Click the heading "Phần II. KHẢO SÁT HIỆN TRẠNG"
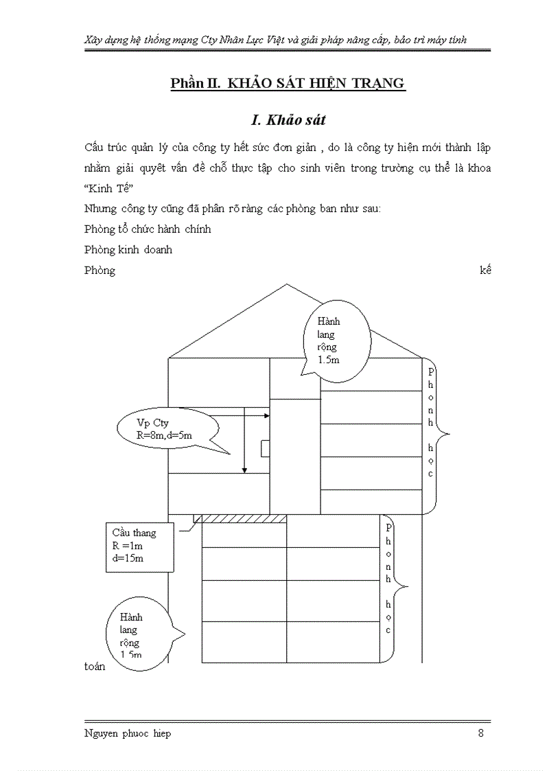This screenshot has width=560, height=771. coord(288,84)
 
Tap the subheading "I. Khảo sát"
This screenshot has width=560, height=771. coord(288,120)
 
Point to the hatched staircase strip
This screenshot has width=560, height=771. coord(240,518)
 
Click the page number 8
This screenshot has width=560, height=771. coord(481,733)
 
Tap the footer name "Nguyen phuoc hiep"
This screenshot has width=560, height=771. coord(128,733)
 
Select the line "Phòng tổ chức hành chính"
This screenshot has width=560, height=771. coord(148,229)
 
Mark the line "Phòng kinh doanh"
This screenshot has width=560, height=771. coord(128,249)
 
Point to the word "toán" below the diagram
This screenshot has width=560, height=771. coord(95,667)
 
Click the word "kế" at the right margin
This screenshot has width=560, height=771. coord(485,270)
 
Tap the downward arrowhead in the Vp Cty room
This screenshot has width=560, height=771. coord(244,470)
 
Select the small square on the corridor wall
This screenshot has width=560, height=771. coord(265,448)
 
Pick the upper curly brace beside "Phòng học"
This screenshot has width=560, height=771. coord(439,433)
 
